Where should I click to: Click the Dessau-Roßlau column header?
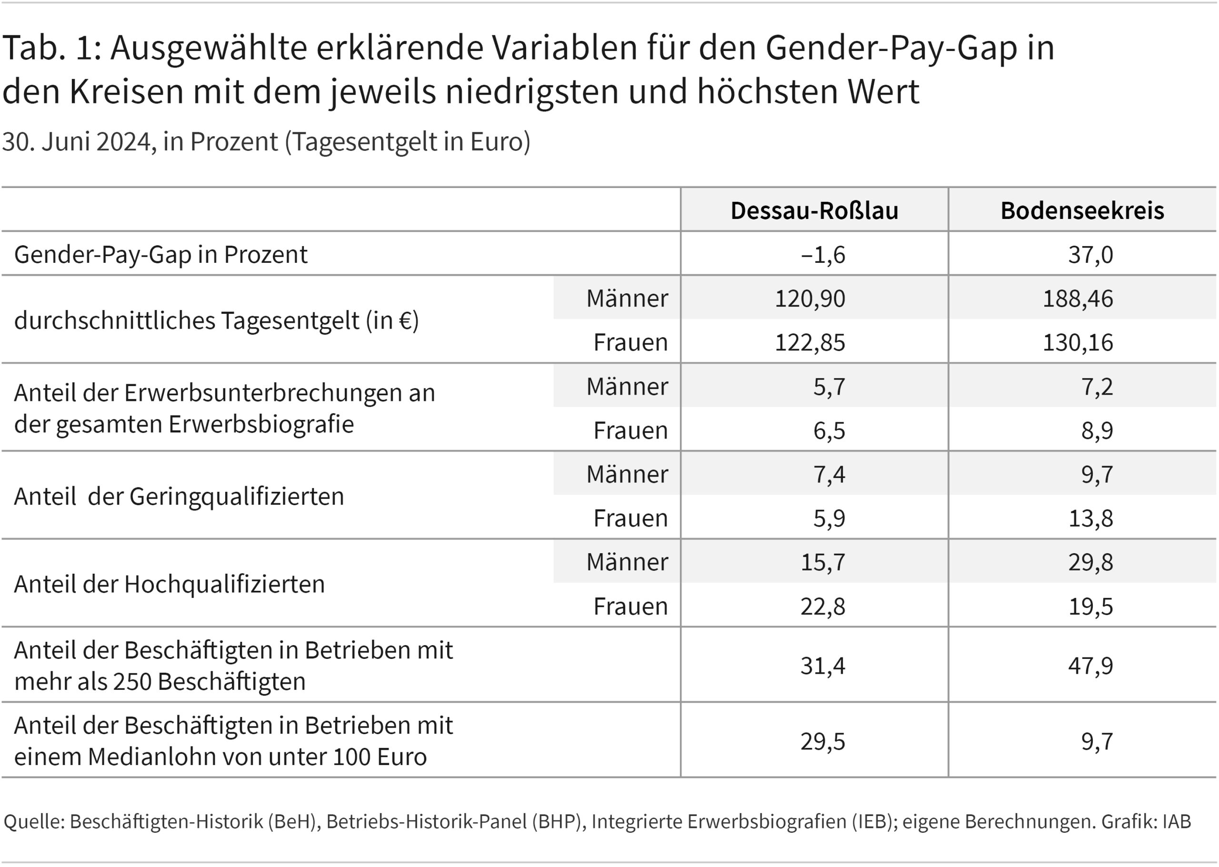[814, 210]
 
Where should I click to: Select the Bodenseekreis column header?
[1082, 210]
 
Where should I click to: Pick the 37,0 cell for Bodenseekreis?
[1090, 254]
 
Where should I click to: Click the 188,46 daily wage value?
[1078, 298]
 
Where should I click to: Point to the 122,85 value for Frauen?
[809, 342]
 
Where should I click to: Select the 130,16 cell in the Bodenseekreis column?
[1078, 342]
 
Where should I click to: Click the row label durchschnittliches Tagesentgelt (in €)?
[216, 320]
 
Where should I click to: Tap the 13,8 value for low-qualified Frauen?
[1090, 518]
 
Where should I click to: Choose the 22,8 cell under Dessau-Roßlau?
[822, 606]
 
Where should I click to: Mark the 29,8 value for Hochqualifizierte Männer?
[1090, 562]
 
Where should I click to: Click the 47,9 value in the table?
[1090, 665]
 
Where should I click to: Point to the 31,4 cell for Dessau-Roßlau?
[822, 665]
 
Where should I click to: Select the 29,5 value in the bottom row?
[822, 741]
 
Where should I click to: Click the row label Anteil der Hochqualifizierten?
[169, 584]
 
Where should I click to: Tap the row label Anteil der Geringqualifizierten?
[179, 496]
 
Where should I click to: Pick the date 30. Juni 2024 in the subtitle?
[76, 142]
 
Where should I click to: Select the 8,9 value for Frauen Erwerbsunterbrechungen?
[1097, 430]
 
